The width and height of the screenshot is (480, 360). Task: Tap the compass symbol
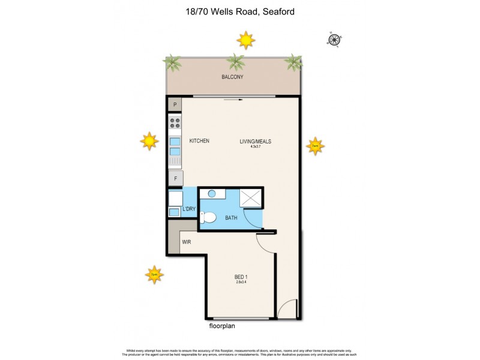[334, 40]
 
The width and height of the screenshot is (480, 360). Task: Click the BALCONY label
[232, 77]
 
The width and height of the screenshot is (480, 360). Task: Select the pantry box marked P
[175, 105]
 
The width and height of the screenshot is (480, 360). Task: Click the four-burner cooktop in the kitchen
[175, 123]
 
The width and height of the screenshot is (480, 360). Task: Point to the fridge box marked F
[176, 178]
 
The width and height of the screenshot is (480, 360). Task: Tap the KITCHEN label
[199, 141]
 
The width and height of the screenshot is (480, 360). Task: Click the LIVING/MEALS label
[257, 142]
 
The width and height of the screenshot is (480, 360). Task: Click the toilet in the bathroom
[207, 217]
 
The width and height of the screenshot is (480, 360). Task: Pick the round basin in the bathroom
[212, 194]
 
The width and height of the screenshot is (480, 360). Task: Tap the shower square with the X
[251, 197]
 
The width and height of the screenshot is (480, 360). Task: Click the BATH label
[232, 218]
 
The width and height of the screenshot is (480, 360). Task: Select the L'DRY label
[189, 209]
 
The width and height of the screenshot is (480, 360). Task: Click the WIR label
[187, 242]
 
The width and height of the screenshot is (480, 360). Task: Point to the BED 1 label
[241, 277]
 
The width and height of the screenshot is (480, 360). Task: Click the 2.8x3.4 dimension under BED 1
[241, 282]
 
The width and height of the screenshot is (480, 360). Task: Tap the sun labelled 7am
[315, 146]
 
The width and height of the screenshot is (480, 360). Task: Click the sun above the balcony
[245, 40]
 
